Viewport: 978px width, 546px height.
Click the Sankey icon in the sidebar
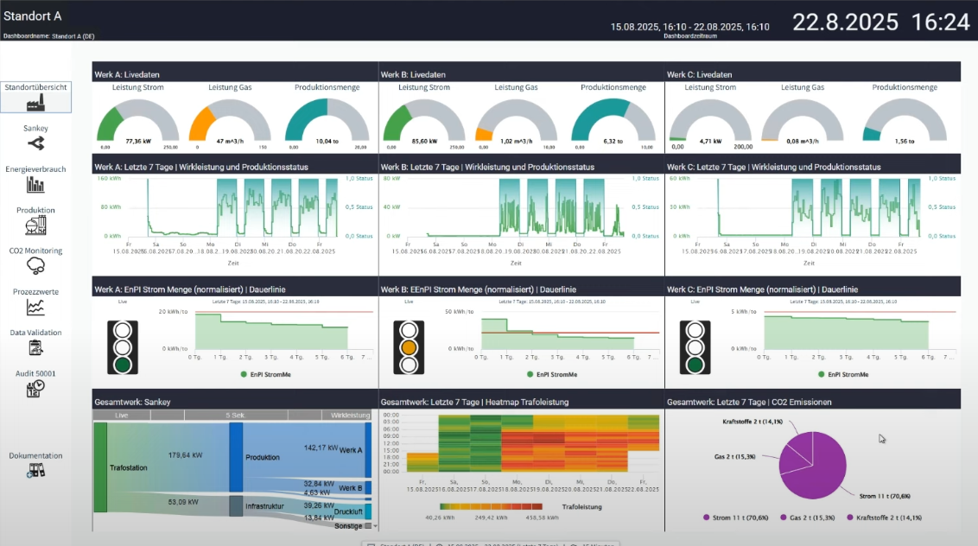click(35, 143)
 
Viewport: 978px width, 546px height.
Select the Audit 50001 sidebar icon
click(35, 390)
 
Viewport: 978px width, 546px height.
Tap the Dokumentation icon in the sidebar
click(35, 471)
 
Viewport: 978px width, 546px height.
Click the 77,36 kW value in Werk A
click(138, 141)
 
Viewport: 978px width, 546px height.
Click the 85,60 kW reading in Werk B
click(424, 141)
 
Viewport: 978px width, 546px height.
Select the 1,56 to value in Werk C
click(904, 141)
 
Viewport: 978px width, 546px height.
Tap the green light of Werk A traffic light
click(123, 364)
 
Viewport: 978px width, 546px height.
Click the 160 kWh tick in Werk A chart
click(108, 178)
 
